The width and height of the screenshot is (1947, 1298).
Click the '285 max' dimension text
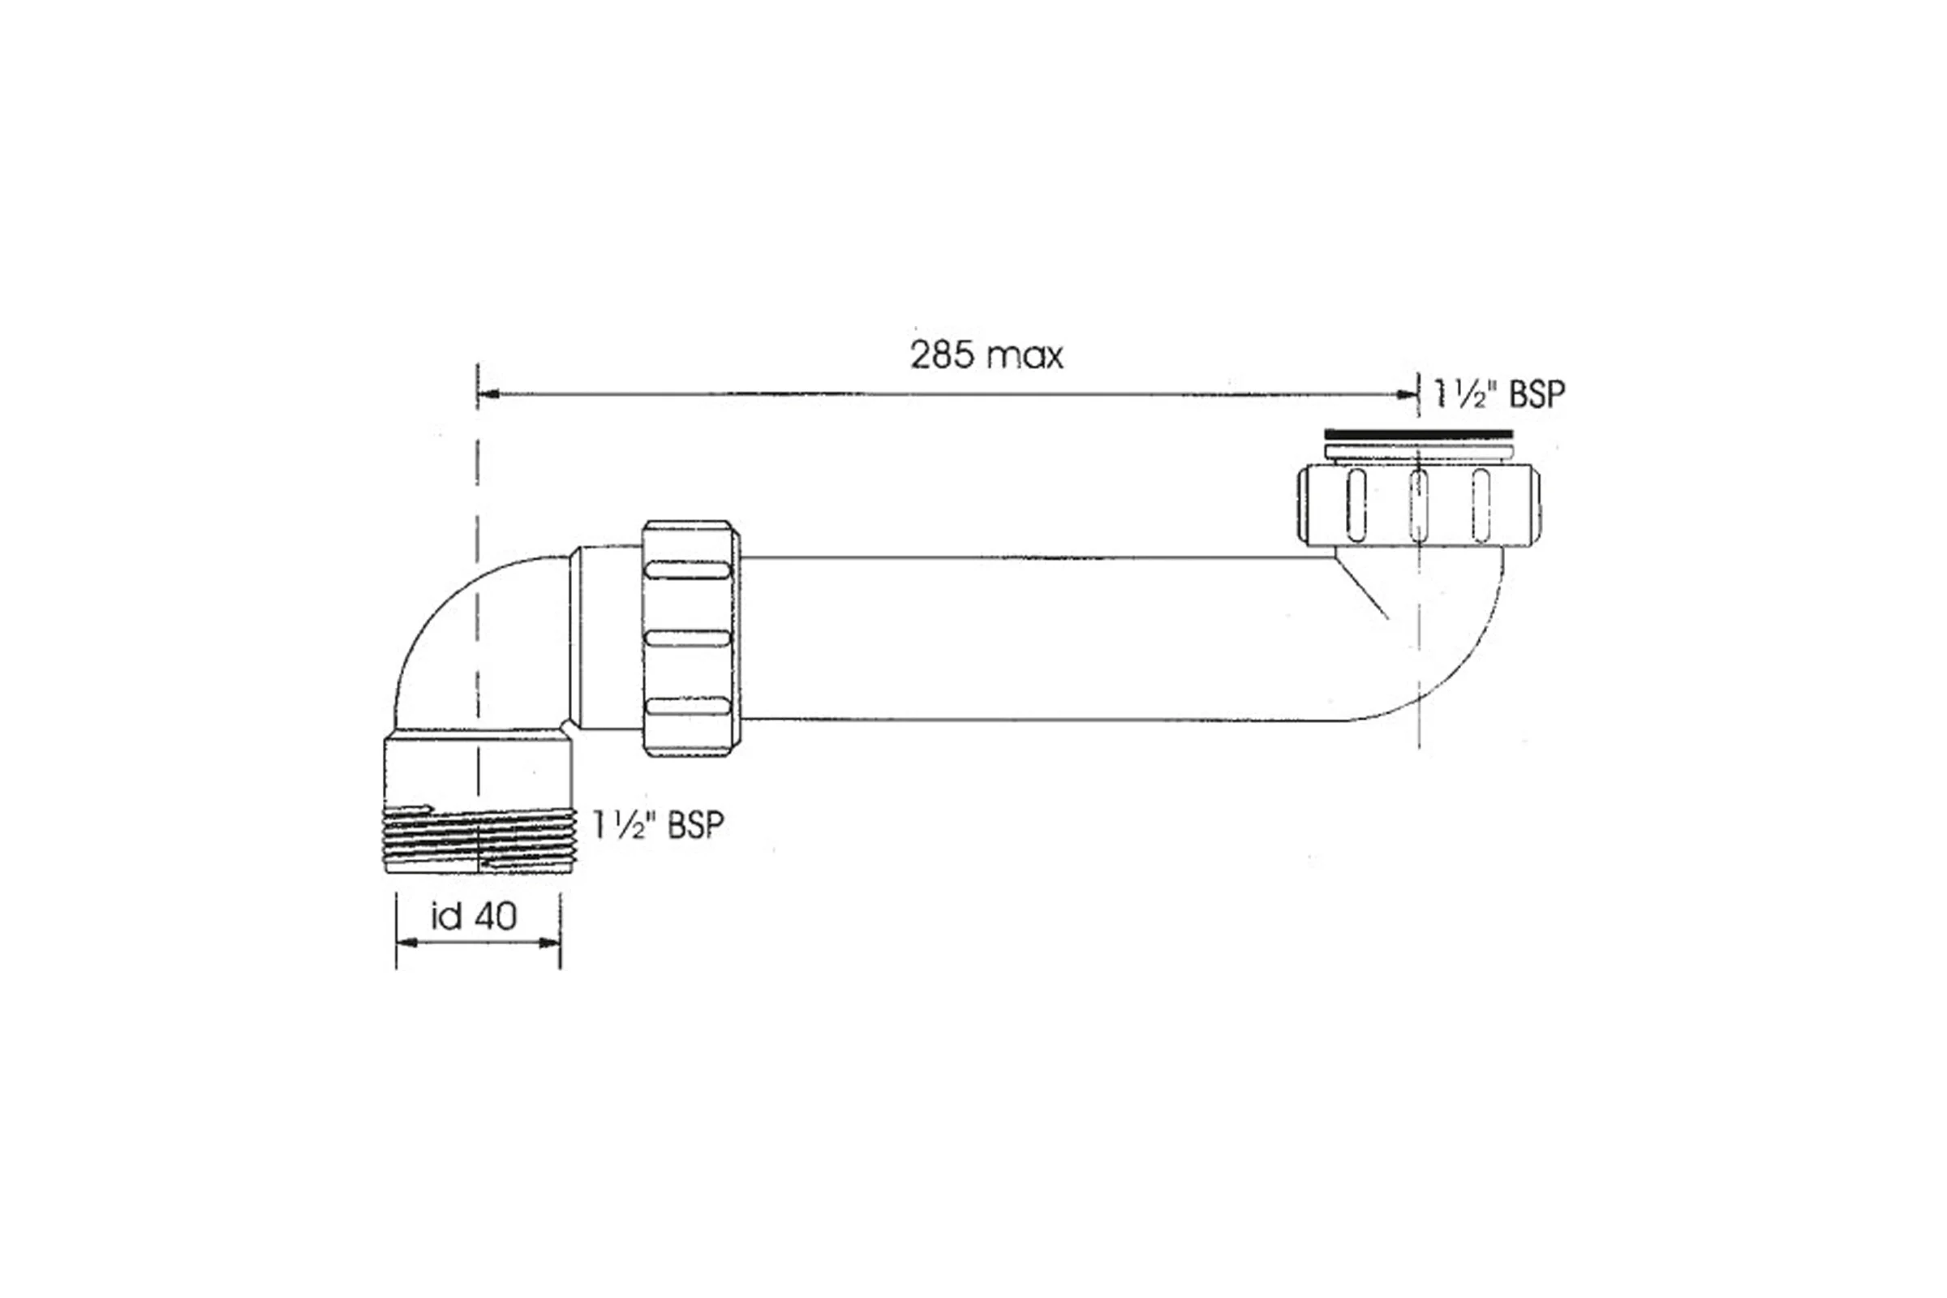986,356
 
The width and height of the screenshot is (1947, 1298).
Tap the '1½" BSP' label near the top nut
1499,394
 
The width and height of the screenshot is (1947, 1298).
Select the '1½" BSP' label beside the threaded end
658,824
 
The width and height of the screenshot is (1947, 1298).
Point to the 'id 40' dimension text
475,916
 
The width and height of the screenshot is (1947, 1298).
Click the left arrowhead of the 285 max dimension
488,394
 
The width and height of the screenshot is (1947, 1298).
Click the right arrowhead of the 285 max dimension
1408,394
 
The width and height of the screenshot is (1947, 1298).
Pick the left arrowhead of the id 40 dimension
407,943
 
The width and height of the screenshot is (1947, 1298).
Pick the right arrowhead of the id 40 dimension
549,943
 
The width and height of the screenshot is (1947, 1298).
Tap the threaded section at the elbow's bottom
479,840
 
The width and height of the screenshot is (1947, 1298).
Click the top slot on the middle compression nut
687,570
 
